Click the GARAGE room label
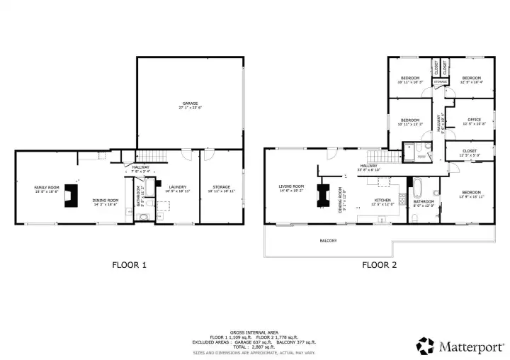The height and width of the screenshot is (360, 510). [x=189, y=104]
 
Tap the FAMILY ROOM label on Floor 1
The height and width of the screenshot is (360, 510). [x=47, y=187]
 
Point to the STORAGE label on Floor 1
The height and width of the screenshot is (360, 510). [x=220, y=188]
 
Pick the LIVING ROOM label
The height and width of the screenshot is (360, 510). [x=291, y=186]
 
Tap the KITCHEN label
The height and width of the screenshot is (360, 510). [x=382, y=201]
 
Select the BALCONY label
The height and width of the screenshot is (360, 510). [x=327, y=240]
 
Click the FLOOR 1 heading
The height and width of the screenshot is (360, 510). [x=130, y=266]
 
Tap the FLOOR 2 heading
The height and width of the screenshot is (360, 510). [x=380, y=266]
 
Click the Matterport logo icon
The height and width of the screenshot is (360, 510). [x=425, y=346]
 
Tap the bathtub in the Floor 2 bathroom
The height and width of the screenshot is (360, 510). [x=416, y=189]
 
